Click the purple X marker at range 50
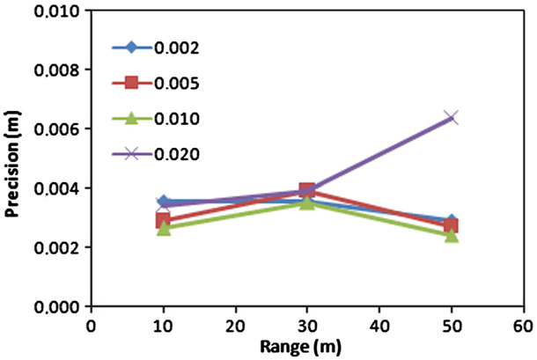451,116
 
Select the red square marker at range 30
306,190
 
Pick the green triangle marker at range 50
451,234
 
